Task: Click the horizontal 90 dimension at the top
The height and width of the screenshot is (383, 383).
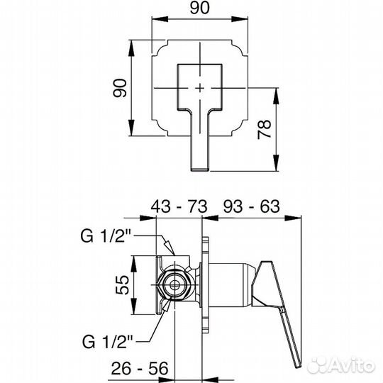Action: pyautogui.click(x=199, y=8)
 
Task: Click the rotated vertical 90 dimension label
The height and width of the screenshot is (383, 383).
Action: pyautogui.click(x=120, y=88)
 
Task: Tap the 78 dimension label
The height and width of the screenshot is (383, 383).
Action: pyautogui.click(x=265, y=130)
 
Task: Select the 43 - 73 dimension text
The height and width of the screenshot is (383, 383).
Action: pyautogui.click(x=179, y=206)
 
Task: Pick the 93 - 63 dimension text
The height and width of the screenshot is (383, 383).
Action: pyautogui.click(x=251, y=206)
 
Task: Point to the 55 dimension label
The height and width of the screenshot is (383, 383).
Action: pyautogui.click(x=122, y=285)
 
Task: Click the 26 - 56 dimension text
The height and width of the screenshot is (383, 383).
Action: pyautogui.click(x=140, y=368)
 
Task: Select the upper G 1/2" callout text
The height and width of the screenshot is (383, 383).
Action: pyautogui.click(x=106, y=236)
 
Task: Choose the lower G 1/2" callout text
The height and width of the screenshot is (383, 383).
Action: pyautogui.click(x=108, y=342)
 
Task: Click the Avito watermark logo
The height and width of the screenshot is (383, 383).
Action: pyautogui.click(x=341, y=366)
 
